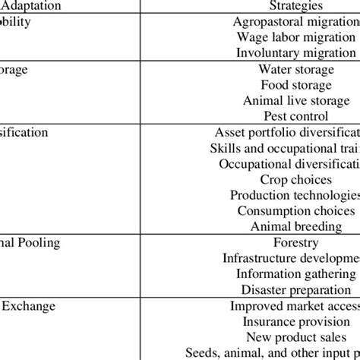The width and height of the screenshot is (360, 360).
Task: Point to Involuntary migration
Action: [295, 52]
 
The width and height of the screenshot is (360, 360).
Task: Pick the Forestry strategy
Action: [295, 243]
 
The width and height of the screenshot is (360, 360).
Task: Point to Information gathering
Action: [295, 274]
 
